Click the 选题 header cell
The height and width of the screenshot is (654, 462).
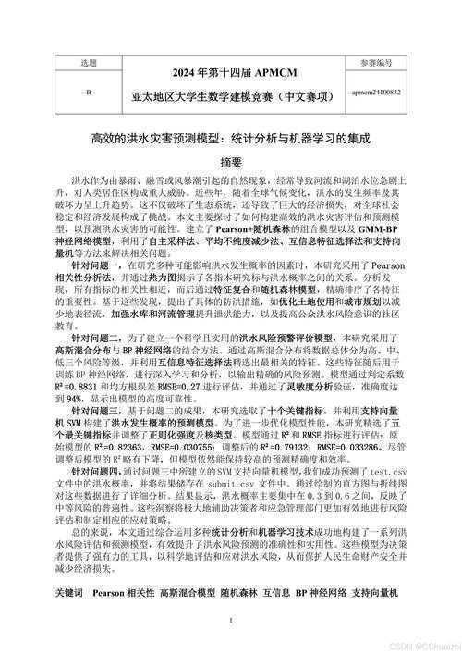(x=89, y=64)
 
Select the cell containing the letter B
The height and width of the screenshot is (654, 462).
(x=89, y=93)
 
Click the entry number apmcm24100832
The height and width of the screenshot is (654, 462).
(x=376, y=93)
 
